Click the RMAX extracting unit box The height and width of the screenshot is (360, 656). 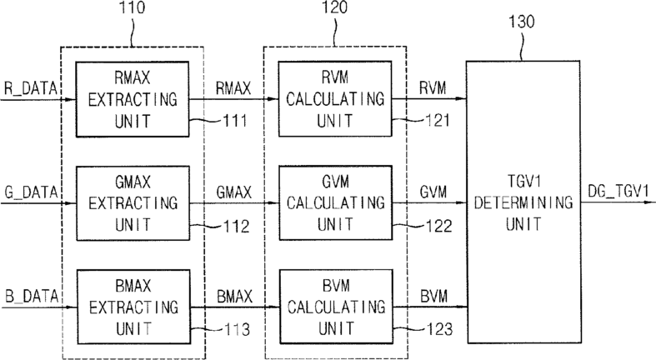133,99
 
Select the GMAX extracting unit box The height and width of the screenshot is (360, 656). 133,203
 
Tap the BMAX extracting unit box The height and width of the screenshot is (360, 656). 133,307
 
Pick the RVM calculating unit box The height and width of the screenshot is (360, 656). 335,99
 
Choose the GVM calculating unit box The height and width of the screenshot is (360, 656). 336,203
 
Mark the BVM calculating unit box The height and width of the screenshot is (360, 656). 336,307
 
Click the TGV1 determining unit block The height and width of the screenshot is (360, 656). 523,202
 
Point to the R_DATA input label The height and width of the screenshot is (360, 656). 31,88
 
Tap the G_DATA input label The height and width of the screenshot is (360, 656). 31,192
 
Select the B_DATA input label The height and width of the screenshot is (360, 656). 32,297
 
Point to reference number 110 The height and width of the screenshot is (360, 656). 133,7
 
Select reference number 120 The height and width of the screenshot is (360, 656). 334,7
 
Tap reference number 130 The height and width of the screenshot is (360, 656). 521,22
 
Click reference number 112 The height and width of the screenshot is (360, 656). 237,227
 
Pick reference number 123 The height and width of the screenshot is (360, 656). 440,329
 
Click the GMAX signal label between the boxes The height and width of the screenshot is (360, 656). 234,192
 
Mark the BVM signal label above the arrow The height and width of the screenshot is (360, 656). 433,297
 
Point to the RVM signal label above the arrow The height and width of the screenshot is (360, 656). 433,88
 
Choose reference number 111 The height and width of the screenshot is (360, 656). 235,122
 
